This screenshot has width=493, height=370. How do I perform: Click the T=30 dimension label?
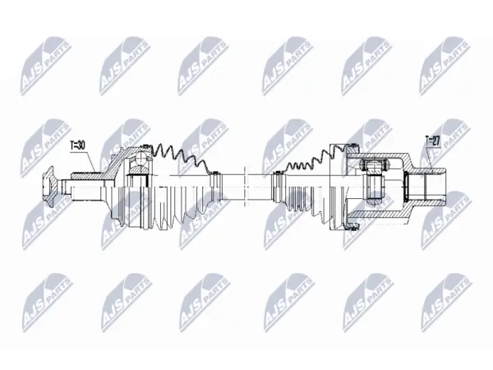point(77,146)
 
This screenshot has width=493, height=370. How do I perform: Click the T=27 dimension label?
point(432,141)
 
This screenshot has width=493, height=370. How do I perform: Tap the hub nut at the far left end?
point(48,187)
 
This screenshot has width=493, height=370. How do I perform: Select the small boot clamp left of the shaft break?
point(215,187)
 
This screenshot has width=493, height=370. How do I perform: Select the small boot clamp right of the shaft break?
point(278,187)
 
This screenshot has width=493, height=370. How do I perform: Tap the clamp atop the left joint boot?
point(145,146)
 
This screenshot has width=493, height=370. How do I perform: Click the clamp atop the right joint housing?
point(354,146)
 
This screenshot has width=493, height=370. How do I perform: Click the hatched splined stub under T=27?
point(430,171)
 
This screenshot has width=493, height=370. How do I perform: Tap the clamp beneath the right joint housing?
point(352,226)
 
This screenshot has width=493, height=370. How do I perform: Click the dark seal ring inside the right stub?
point(406,187)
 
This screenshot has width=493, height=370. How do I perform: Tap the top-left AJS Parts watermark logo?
point(45,66)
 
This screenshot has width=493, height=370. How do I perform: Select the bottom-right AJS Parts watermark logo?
point(446,303)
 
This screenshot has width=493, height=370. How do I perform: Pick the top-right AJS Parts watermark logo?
point(445,66)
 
